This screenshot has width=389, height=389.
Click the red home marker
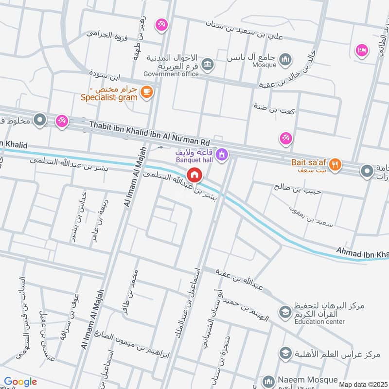(x=195, y=174)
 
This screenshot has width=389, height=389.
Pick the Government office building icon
(x=208, y=64)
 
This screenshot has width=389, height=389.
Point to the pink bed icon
(x=361, y=51)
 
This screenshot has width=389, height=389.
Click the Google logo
(x=20, y=382)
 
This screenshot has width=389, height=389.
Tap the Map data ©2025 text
(x=363, y=384)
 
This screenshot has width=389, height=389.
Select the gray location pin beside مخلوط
(x=40, y=119)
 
